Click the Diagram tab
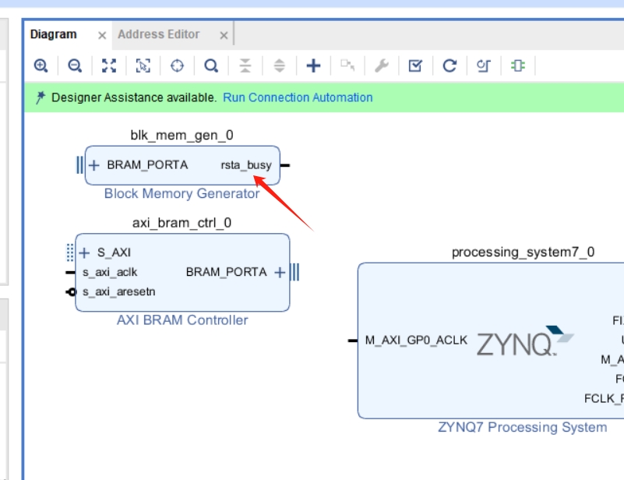[53, 34]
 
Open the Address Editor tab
[158, 34]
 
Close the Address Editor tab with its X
[224, 35]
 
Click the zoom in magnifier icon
[41, 66]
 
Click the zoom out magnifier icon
[75, 66]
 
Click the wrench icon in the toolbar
[381, 66]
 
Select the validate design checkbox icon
[415, 66]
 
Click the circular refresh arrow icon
[449, 66]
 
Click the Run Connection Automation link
[298, 97]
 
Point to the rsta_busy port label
[246, 165]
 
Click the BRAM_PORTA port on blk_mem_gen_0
[147, 165]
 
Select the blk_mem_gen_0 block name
[182, 135]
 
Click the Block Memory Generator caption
[182, 193]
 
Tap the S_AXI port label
[113, 252]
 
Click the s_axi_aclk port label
[110, 272]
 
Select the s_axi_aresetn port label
[118, 292]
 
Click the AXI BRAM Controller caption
[182, 319]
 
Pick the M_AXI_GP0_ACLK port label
[416, 340]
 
